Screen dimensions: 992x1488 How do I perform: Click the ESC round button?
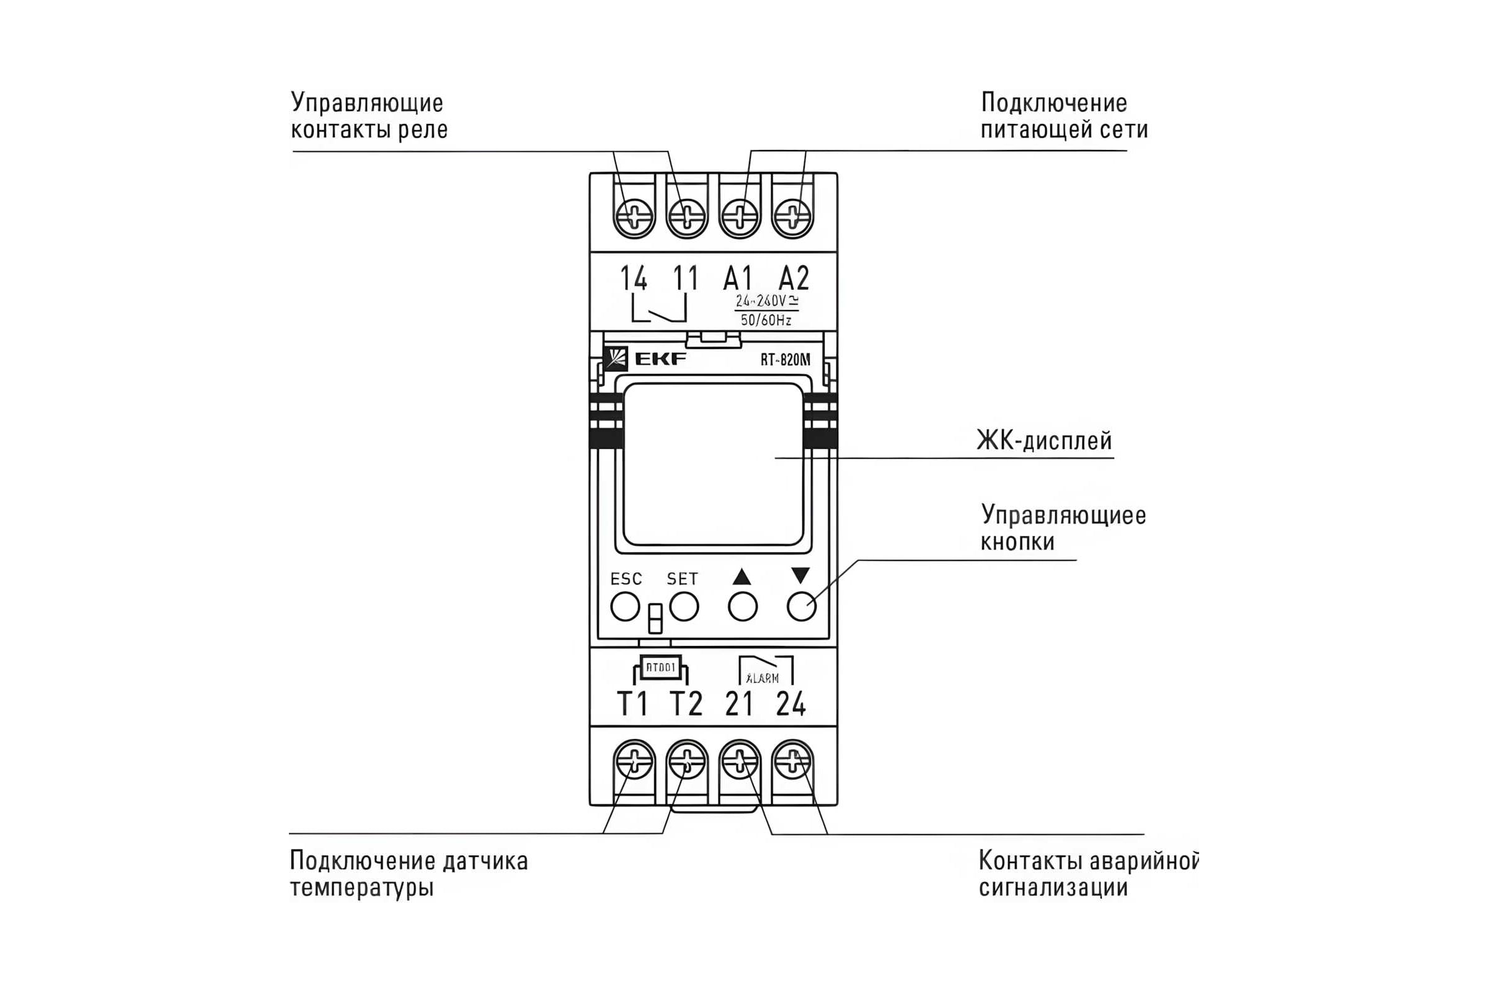tap(625, 607)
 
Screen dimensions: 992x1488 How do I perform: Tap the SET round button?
tap(684, 607)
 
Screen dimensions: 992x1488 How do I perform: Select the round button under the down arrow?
tap(802, 607)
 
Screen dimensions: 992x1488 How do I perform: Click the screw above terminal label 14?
tap(634, 217)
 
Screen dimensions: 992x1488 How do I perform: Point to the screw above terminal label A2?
tap(793, 217)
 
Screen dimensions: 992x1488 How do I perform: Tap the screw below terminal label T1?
tap(634, 760)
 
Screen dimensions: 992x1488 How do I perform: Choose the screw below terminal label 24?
tap(793, 760)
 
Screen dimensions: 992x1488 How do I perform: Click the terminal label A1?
tap(738, 278)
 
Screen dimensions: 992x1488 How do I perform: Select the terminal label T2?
tap(686, 704)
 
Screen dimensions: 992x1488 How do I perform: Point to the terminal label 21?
tap(739, 704)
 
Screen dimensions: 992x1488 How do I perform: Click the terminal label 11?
tap(686, 278)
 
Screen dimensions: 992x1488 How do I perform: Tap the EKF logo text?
tap(660, 360)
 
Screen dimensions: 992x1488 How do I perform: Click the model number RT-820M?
tap(784, 360)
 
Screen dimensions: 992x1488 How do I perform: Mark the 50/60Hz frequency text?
tap(766, 320)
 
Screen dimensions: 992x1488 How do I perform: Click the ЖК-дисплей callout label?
tap(1044, 441)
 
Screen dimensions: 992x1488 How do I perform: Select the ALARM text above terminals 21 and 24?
tap(763, 678)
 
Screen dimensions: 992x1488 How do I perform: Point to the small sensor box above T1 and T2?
tap(660, 668)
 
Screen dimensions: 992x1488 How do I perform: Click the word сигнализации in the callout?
tap(1053, 888)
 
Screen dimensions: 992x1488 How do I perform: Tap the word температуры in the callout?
tap(362, 888)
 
